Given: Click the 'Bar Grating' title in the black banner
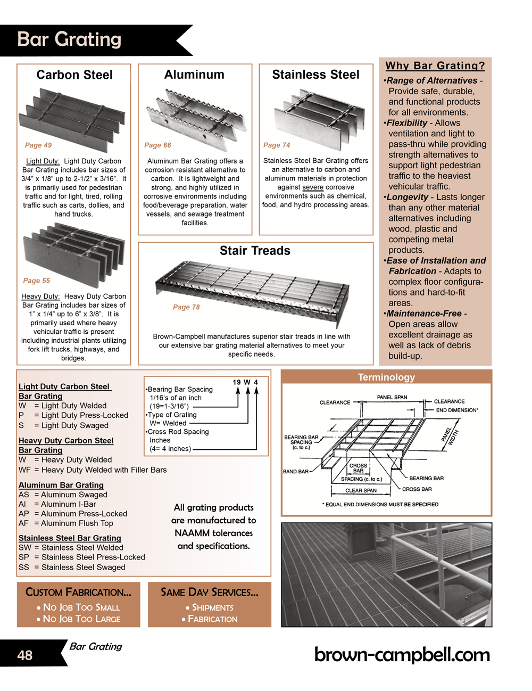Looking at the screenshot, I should (x=69, y=39).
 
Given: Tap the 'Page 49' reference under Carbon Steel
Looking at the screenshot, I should (x=38, y=145).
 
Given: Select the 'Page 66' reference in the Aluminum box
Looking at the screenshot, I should (x=157, y=145).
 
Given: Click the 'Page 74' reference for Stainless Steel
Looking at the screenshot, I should (x=277, y=145).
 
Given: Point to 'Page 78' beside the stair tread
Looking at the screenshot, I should (x=186, y=307).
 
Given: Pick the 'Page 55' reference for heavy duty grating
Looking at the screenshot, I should (x=37, y=281).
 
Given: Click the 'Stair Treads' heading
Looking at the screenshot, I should (x=255, y=251).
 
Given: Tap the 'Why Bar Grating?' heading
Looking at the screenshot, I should (x=435, y=66).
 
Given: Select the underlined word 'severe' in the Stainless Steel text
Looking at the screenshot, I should (x=313, y=187).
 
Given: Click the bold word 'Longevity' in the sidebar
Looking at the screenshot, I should (x=408, y=197).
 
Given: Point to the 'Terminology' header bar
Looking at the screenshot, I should (x=386, y=377).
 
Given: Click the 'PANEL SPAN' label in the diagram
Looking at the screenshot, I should (x=392, y=397).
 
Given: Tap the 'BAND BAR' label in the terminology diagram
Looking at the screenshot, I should (x=295, y=472).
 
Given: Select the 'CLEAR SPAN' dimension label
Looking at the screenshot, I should (x=361, y=491).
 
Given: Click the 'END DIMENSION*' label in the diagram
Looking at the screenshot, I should (x=457, y=410).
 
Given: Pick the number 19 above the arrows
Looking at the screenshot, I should (x=237, y=382).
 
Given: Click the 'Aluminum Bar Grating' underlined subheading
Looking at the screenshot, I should (x=61, y=485).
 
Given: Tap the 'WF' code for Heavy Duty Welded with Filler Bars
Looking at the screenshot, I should (x=24, y=470).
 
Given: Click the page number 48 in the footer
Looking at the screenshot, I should (x=25, y=655).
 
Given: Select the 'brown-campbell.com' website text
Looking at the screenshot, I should (x=402, y=655).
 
